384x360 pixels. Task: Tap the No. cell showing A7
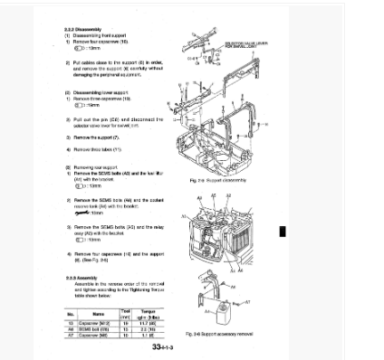(x=70, y=333)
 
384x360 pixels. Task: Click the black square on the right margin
(x=283, y=231)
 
